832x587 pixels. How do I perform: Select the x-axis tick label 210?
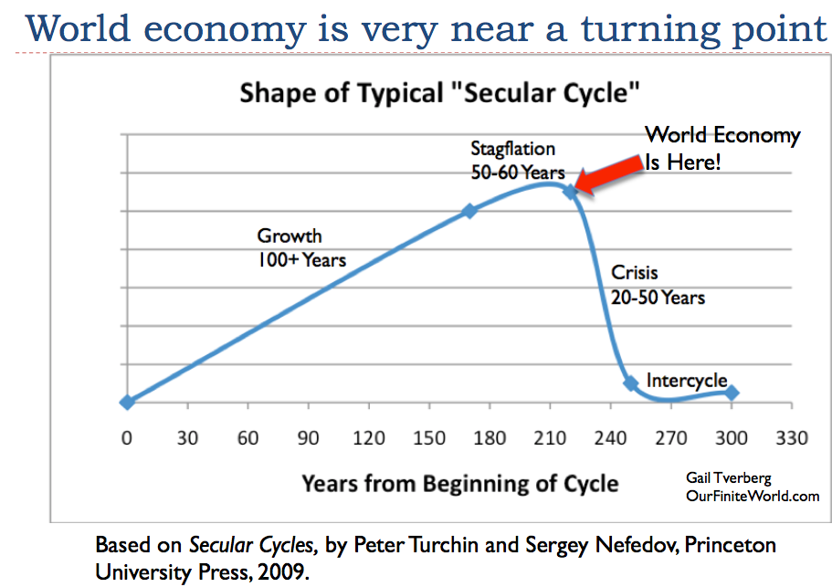[550, 438]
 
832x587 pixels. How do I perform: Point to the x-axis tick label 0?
[127, 438]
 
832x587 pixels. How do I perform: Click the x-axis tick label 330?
[792, 438]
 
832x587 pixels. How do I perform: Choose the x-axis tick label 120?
[369, 438]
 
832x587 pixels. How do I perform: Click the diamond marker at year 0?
[127, 402]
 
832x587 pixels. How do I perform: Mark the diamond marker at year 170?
[469, 211]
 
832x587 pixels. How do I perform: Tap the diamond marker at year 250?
[630, 383]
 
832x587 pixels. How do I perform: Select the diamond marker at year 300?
[732, 393]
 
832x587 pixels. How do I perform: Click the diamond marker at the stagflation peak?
[571, 192]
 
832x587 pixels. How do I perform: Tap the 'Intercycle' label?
[686, 380]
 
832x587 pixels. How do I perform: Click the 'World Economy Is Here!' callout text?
[721, 149]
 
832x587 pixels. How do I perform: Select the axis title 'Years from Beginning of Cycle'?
[460, 483]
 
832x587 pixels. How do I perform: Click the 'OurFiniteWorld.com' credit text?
[753, 495]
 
